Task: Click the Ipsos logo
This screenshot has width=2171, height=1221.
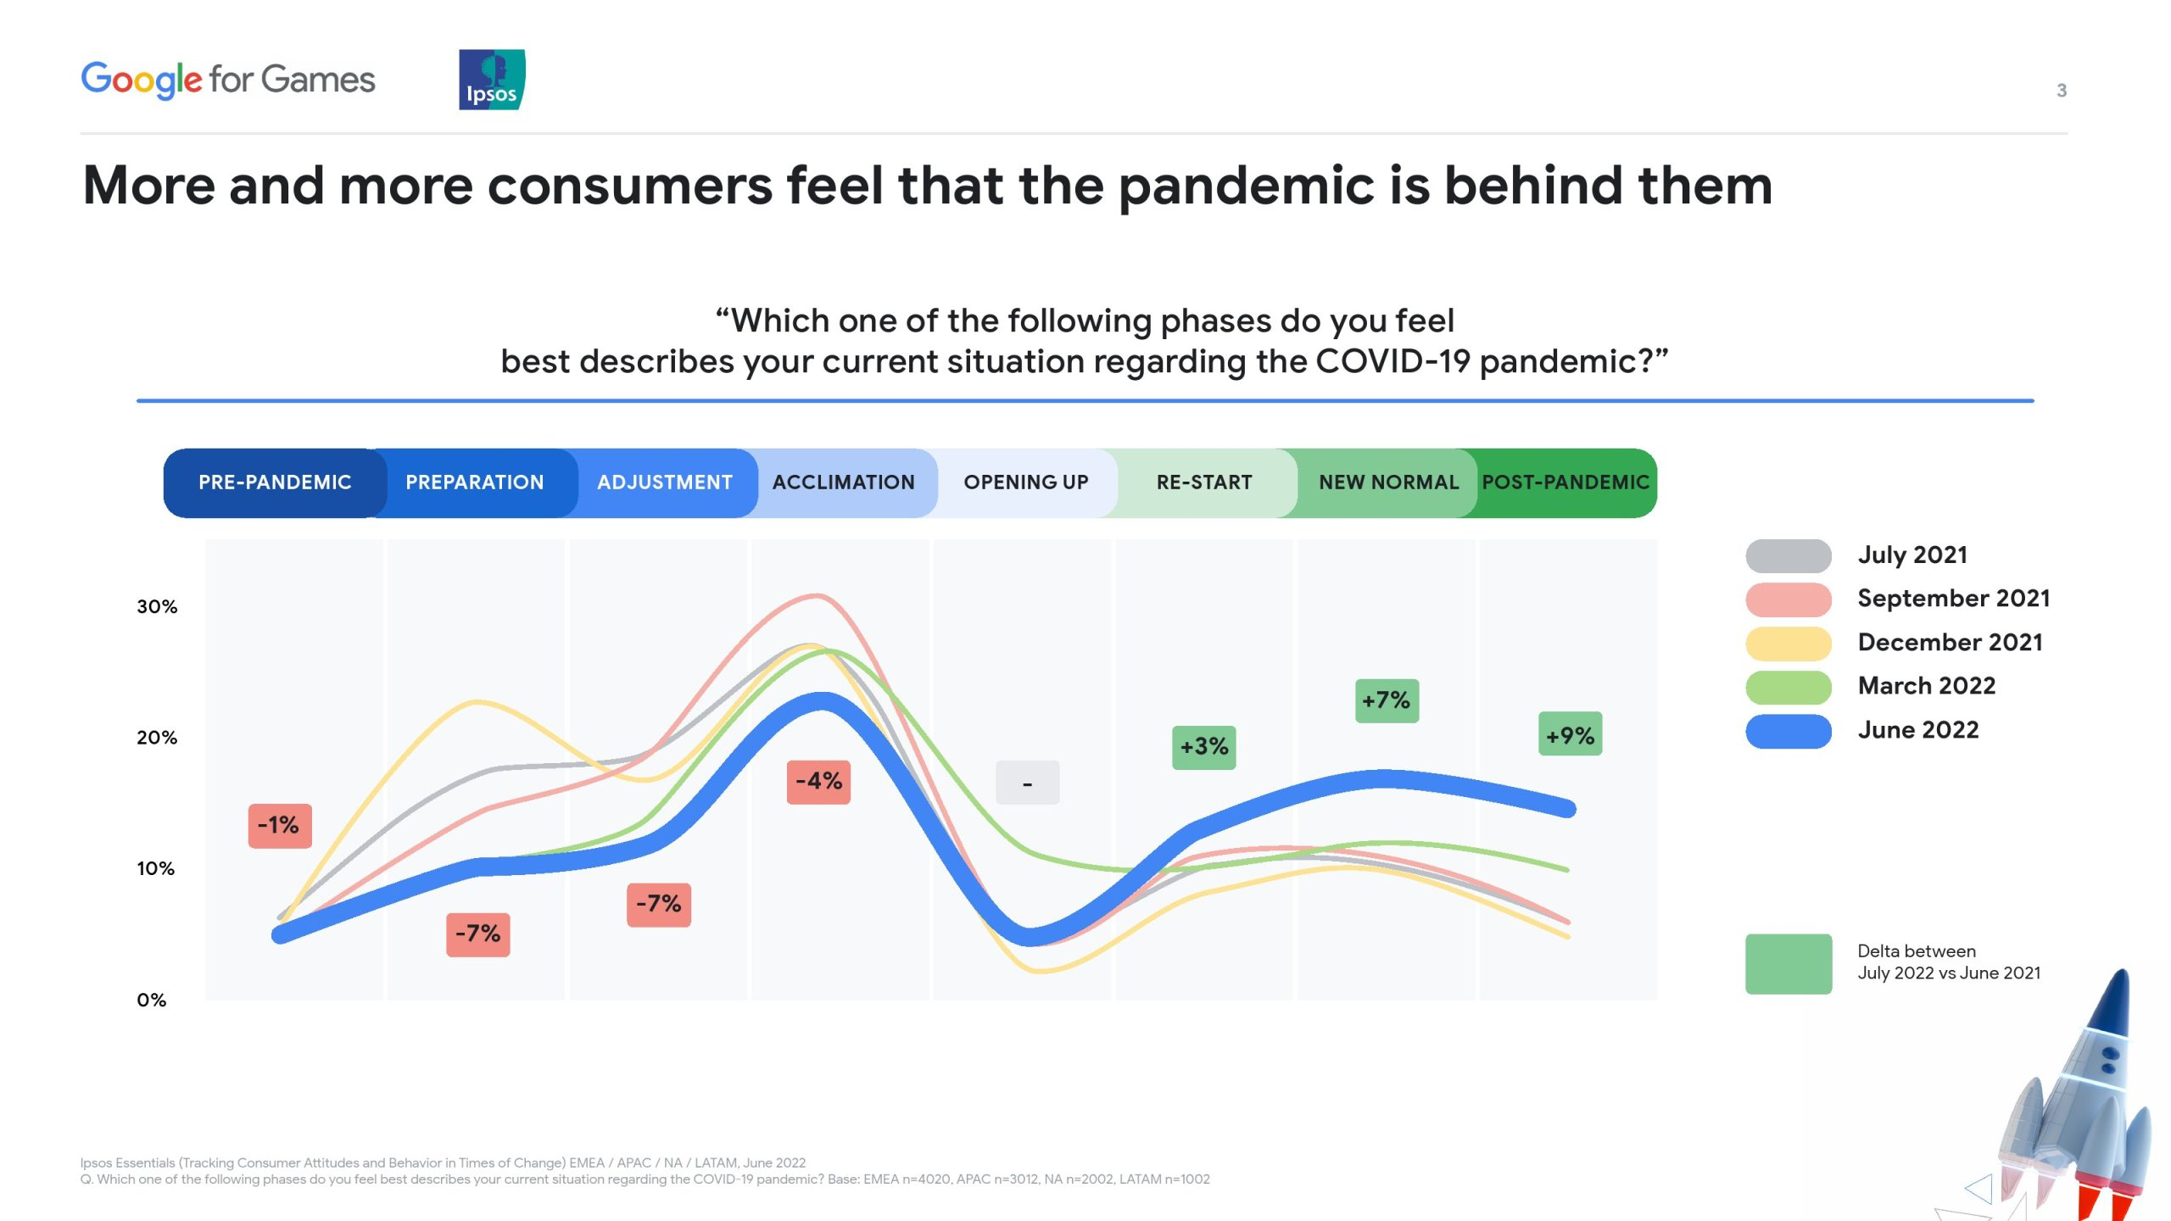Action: tap(492, 79)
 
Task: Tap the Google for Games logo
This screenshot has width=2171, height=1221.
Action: tap(228, 80)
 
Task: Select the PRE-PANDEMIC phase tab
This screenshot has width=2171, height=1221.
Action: tap(275, 482)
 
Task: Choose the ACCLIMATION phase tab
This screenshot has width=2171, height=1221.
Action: tap(844, 482)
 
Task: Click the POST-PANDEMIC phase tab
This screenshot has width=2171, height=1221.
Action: tap(1565, 482)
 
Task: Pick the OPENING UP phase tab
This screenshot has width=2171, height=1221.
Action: tap(1026, 482)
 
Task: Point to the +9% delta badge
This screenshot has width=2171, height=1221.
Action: tap(1571, 734)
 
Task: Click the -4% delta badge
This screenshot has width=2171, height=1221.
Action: tap(818, 782)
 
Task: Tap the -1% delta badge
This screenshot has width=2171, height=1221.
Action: tap(280, 826)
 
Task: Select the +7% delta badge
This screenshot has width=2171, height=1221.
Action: tap(1387, 701)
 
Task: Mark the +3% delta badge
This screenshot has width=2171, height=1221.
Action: tap(1204, 748)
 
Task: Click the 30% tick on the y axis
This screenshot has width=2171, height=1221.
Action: tap(157, 607)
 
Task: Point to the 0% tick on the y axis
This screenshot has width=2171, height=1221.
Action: tap(152, 1001)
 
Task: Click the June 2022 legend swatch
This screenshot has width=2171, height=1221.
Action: tap(1789, 731)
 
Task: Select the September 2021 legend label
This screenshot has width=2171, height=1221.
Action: tap(1954, 599)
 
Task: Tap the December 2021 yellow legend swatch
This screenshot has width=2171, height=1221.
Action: tap(1789, 644)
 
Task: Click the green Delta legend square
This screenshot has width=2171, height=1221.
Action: tap(1789, 964)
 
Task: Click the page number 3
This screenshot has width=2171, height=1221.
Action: tap(2062, 91)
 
